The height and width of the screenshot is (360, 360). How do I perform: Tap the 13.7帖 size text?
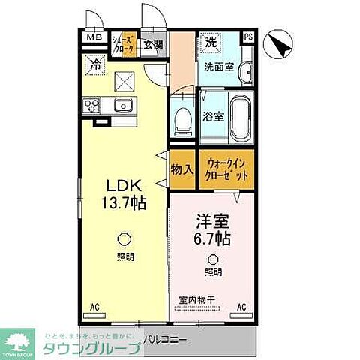tap(124, 202)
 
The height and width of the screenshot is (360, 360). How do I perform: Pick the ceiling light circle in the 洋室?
tap(213, 259)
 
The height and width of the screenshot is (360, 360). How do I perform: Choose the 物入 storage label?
tap(182, 169)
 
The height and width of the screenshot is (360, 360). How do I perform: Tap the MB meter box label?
tap(92, 38)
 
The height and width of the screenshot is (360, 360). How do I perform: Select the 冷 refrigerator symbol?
tap(96, 65)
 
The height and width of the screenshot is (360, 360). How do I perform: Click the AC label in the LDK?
tap(95, 307)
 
